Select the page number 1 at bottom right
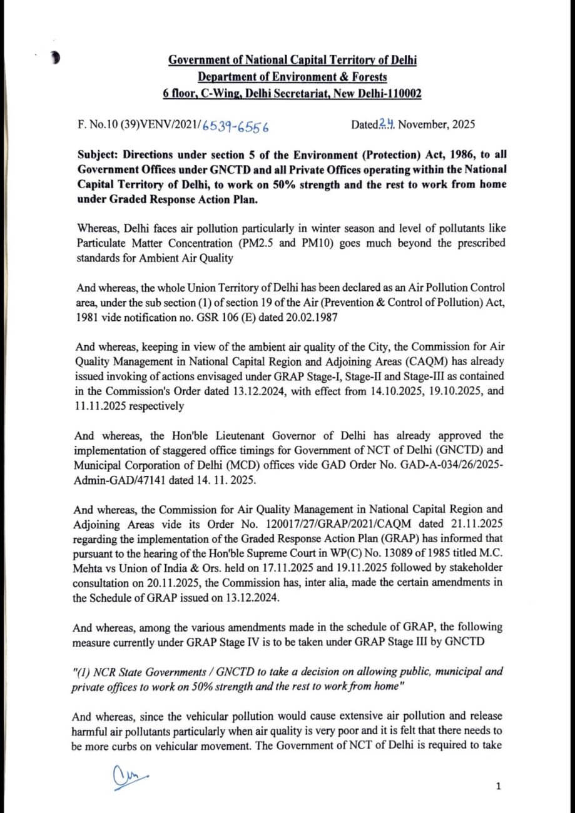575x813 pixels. (498, 786)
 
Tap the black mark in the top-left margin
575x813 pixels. (56, 59)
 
